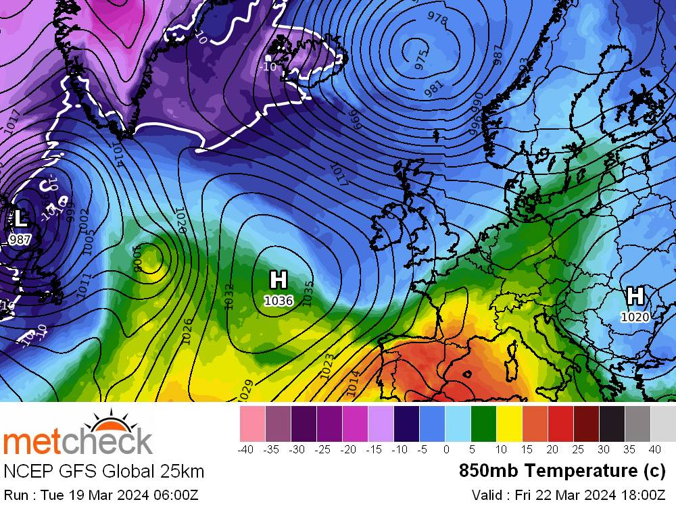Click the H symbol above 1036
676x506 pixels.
(x=278, y=280)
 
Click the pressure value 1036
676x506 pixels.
(x=278, y=300)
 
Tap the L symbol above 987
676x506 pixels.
(x=20, y=219)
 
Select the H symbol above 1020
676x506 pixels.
(x=635, y=297)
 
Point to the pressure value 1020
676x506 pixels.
(x=635, y=316)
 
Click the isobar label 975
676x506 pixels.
(x=421, y=61)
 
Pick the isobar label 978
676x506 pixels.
(x=437, y=19)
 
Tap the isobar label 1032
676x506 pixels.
(x=229, y=297)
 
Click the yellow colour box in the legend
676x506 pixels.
(x=509, y=424)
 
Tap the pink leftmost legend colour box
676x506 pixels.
(x=252, y=424)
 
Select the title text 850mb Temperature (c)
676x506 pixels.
(x=562, y=470)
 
